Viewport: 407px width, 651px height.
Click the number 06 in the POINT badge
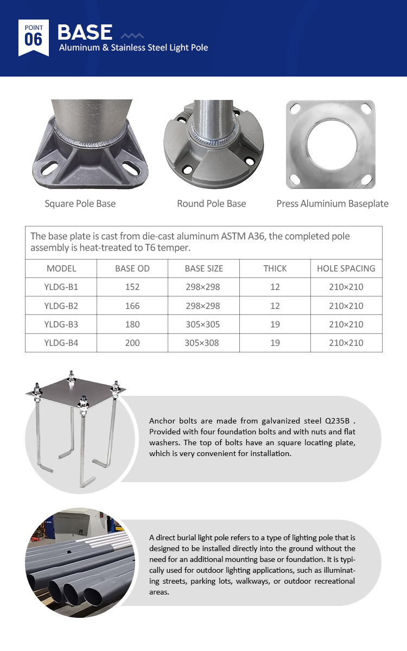coord(34,40)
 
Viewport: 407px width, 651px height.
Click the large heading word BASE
coord(85,32)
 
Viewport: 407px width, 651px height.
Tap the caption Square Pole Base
coord(80,204)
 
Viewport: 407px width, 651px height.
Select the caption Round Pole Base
coord(211,204)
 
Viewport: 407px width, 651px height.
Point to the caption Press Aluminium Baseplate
coord(332,204)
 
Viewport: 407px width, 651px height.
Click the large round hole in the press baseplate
coord(331,144)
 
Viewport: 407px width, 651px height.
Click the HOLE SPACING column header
coord(346,268)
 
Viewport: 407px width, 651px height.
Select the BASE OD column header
coord(132,268)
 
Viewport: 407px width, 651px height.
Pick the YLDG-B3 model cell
coord(61,324)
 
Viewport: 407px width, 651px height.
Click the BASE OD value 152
coord(132,287)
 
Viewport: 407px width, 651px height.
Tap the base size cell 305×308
coord(202,343)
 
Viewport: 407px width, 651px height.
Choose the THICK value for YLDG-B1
coord(275,287)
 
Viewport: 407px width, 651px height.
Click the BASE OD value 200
coord(132,343)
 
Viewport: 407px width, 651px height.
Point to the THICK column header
coord(275,268)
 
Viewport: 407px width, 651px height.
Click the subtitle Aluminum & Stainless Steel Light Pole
coord(133,48)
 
